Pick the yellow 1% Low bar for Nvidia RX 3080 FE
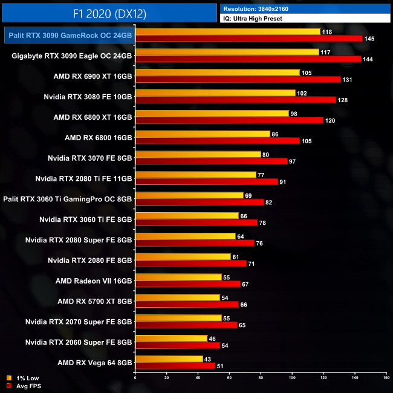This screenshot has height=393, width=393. [215, 93]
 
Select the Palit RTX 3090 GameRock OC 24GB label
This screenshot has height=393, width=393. [69, 36]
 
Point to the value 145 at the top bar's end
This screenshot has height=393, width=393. [369, 39]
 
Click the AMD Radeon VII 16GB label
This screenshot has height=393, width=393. [94, 281]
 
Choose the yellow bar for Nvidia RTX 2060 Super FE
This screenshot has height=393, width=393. [172, 338]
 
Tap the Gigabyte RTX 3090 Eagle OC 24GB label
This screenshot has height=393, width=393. [72, 56]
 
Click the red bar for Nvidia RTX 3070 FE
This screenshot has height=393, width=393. [212, 161]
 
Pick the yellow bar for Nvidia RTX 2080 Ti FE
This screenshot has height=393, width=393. [196, 175]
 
